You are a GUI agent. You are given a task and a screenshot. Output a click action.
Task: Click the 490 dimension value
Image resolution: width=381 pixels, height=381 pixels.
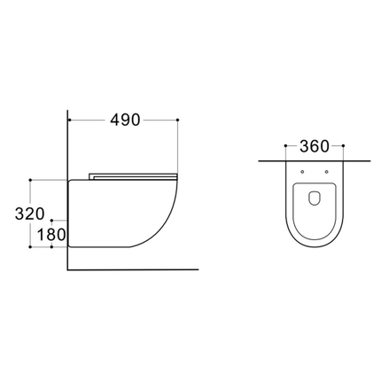(124, 121)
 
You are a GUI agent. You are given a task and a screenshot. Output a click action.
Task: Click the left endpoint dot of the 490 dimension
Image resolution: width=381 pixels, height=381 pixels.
(69, 120)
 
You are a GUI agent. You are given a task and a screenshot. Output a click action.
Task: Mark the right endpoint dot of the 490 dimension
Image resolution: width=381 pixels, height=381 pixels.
(179, 120)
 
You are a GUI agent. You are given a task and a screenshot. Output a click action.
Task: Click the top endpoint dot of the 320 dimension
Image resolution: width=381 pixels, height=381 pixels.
(33, 179)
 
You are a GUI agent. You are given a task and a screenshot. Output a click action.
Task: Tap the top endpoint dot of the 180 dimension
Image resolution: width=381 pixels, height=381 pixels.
(52, 217)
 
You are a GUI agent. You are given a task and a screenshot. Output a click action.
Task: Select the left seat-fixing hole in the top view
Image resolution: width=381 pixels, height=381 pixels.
(304, 171)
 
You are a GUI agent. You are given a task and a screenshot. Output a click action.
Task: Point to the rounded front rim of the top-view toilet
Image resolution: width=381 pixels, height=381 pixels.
(315, 250)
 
